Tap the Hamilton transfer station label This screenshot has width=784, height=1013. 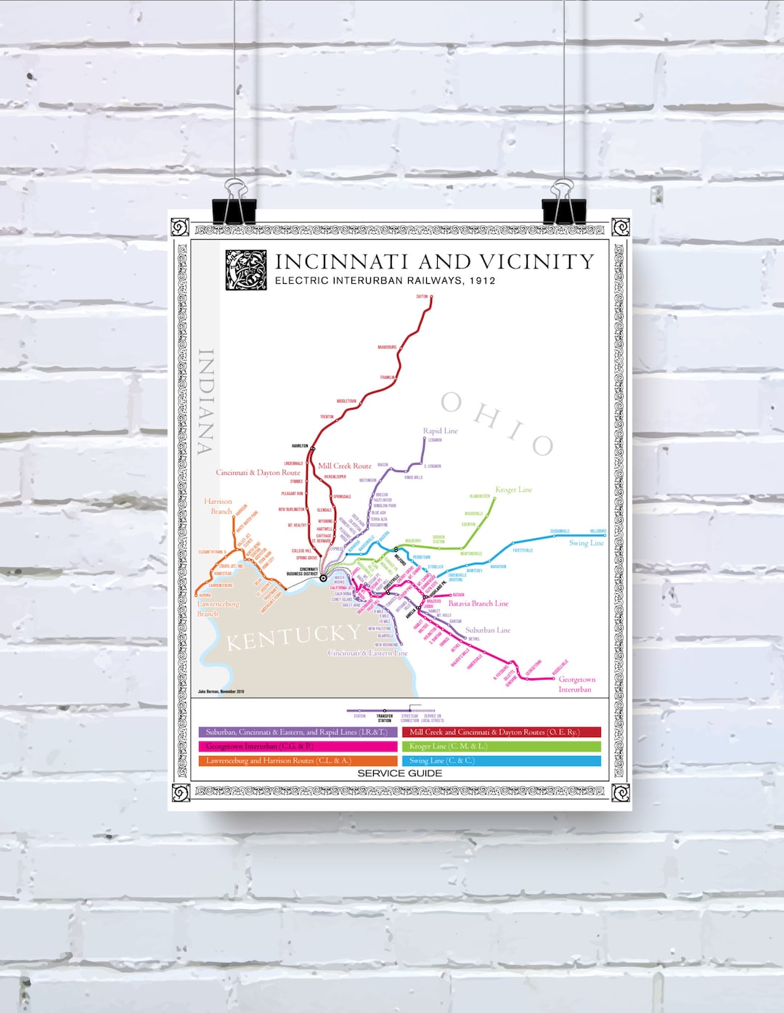(300, 446)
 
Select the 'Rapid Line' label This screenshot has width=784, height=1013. (440, 431)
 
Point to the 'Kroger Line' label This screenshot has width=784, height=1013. (513, 489)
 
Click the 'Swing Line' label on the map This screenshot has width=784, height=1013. (586, 542)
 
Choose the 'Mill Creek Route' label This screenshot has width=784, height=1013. (344, 465)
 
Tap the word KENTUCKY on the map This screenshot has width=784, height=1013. (293, 638)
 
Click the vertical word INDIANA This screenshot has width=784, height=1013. (206, 401)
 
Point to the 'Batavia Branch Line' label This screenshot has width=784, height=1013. (478, 603)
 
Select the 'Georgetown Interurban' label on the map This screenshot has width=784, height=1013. (576, 684)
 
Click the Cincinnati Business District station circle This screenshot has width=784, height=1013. (323, 578)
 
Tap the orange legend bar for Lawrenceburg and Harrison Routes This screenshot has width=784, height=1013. (297, 760)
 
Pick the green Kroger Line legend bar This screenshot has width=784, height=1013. (501, 746)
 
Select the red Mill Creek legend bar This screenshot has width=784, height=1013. (501, 732)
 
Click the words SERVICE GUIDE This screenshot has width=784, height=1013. (399, 773)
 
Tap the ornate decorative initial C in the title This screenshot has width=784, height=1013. (246, 270)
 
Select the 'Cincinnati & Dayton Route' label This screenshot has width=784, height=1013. (258, 472)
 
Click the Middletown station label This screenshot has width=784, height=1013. (346, 401)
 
